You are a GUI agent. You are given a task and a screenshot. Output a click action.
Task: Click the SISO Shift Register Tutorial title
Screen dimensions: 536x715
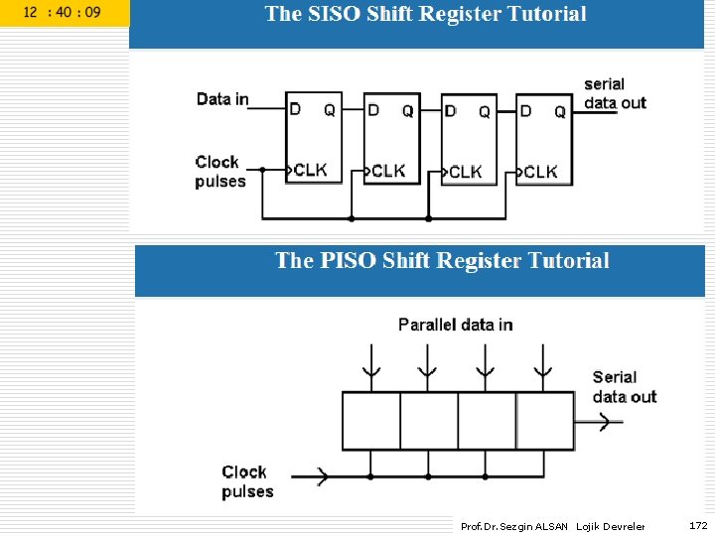(x=425, y=14)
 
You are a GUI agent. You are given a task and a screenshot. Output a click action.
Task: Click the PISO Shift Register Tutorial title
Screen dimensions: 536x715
(x=442, y=261)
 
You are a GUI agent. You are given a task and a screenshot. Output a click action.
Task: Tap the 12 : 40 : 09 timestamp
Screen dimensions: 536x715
(x=62, y=13)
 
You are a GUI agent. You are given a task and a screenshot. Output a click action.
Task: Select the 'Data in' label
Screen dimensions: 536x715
(x=222, y=98)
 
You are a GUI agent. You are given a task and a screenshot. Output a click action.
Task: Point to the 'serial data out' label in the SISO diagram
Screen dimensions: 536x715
(x=615, y=93)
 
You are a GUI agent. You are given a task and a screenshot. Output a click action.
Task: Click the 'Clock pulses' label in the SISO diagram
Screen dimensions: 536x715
(x=219, y=171)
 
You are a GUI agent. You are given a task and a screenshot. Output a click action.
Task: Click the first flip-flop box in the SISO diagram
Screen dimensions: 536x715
(x=313, y=139)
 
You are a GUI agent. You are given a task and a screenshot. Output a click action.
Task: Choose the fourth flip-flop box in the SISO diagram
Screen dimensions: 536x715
(x=544, y=139)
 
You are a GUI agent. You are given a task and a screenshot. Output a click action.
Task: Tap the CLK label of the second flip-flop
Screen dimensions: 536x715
(x=388, y=171)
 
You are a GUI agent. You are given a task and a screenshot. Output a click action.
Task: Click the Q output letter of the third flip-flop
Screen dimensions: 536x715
(x=485, y=112)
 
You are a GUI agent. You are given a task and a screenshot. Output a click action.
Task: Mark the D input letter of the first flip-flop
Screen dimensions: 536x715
(x=295, y=109)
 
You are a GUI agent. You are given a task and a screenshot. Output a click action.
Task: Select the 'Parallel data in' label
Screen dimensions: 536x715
(x=455, y=325)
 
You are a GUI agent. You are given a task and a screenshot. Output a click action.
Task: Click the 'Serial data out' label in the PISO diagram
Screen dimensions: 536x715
(x=624, y=386)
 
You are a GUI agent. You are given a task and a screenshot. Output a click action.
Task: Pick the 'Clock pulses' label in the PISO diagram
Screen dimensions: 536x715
(x=246, y=481)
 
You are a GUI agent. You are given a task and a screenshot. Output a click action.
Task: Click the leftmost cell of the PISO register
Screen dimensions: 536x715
(x=371, y=421)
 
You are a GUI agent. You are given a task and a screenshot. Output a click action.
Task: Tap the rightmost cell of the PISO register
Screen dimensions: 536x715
(x=545, y=421)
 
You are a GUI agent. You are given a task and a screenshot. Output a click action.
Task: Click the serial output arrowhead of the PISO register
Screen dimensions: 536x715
(x=605, y=421)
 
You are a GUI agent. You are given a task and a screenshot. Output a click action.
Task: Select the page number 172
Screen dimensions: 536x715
(x=698, y=525)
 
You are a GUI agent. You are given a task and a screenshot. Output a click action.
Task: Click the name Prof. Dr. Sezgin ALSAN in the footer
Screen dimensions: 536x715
(x=513, y=526)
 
